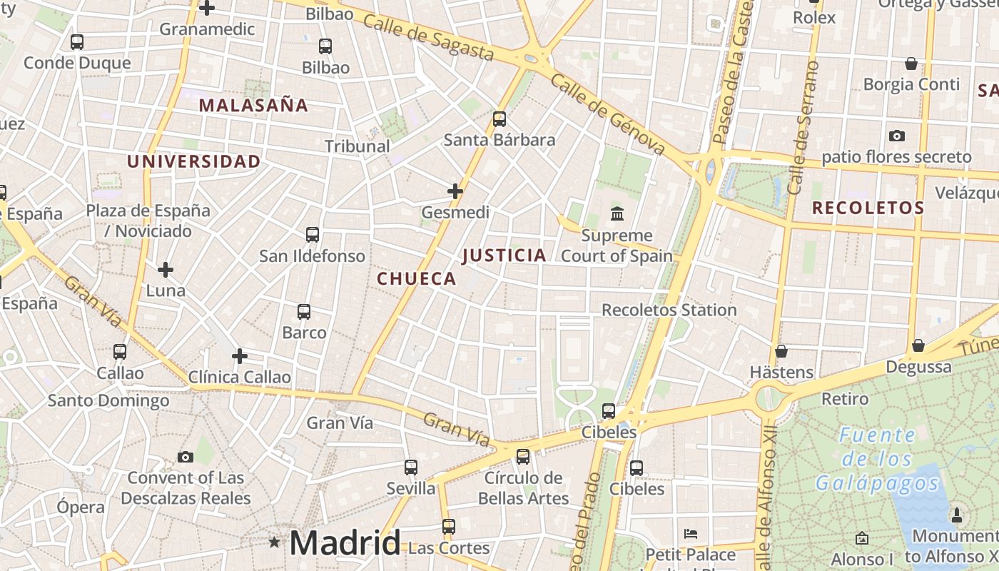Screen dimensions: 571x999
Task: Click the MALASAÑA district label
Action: coord(253,106)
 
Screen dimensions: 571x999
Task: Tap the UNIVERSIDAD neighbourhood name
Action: coord(194,161)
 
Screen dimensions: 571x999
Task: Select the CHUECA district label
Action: coord(417,279)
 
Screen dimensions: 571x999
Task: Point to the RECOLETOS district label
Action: coord(868,208)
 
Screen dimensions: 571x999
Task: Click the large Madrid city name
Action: coord(345,543)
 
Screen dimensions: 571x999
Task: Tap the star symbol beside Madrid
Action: coord(275,542)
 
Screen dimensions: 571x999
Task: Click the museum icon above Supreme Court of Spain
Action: coord(617,213)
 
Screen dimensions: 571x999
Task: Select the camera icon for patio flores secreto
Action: coord(896,136)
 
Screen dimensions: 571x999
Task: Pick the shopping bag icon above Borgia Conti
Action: coord(911,64)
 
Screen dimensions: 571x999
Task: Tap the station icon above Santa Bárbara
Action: coord(499,118)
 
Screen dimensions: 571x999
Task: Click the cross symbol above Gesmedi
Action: coord(455,191)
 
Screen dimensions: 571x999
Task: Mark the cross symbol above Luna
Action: coord(166,270)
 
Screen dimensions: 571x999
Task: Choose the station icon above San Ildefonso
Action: coord(312,234)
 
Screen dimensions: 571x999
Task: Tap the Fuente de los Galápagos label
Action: coord(878,459)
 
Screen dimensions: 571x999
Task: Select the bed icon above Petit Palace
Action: coord(690,534)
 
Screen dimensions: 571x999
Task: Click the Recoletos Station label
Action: coord(669,310)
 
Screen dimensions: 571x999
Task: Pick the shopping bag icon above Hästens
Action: coord(781,351)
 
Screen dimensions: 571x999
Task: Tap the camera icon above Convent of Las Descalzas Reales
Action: coord(186,457)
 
